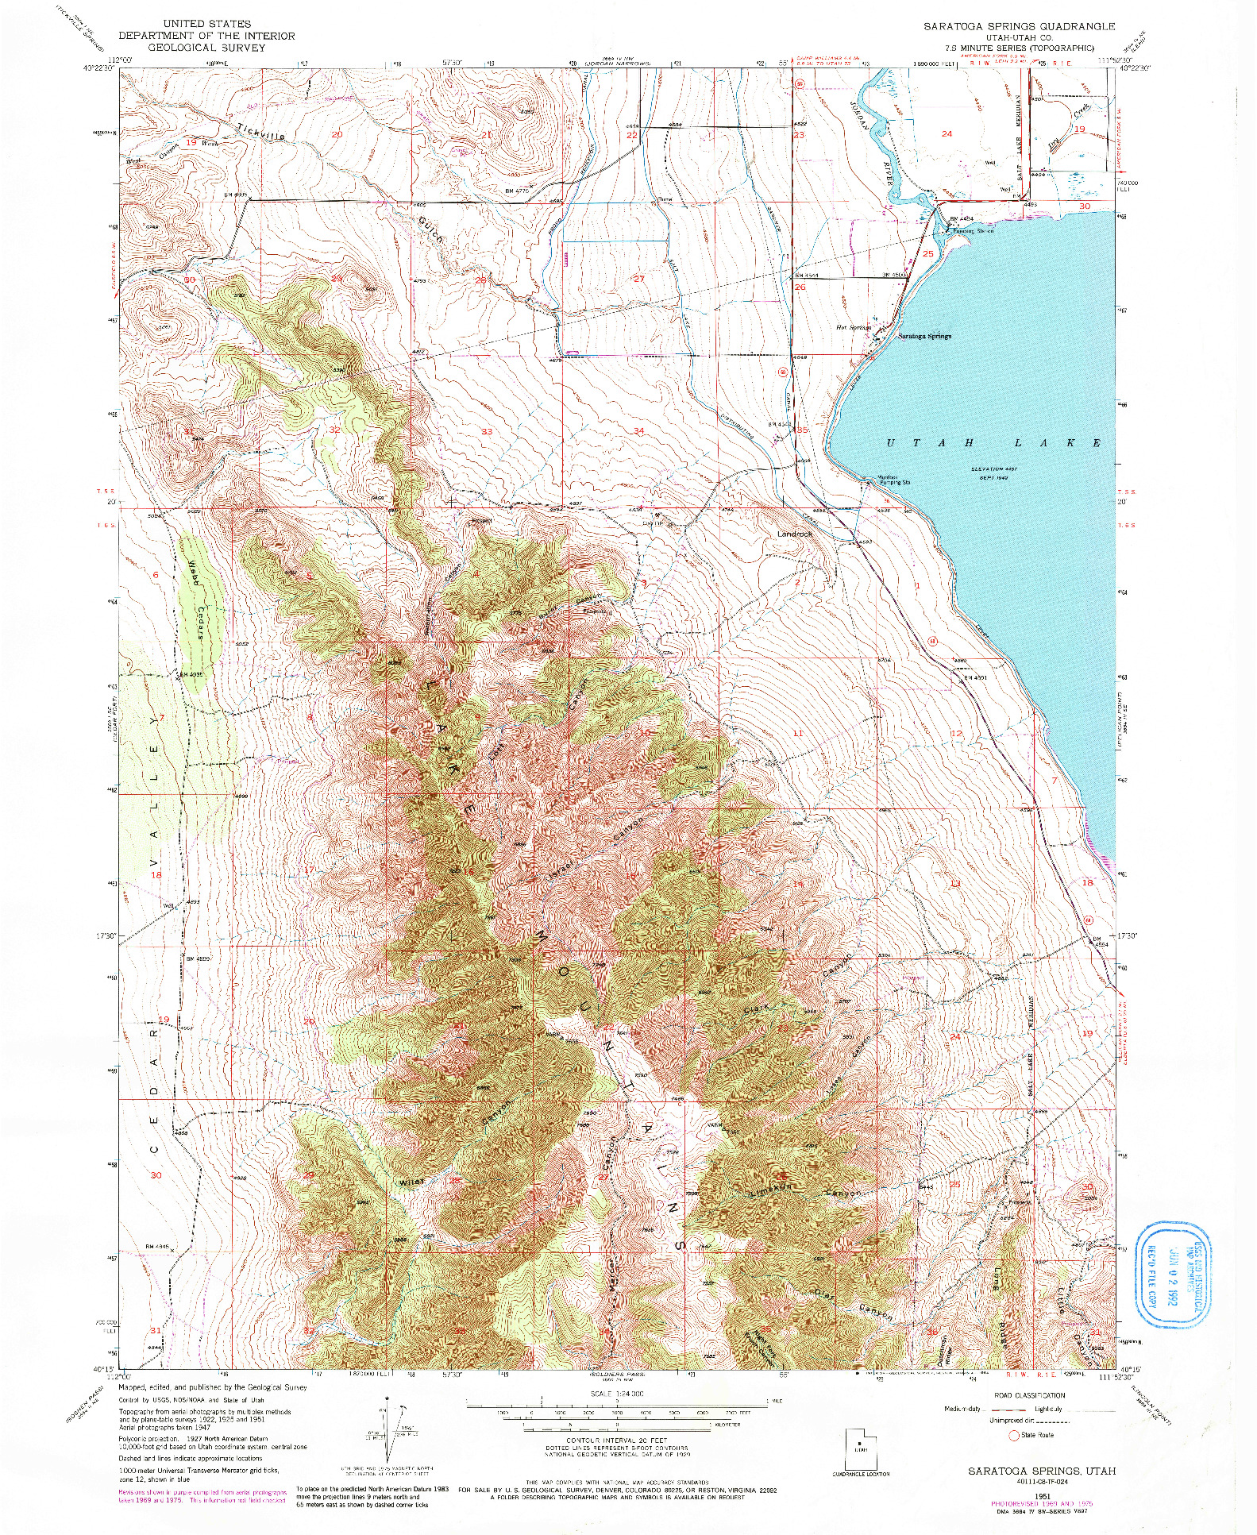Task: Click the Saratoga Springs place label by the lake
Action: [x=924, y=336]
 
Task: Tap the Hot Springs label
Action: [x=854, y=327]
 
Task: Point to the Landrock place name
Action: [x=795, y=534]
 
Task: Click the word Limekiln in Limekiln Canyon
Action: [x=767, y=1194]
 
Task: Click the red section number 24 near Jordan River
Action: [x=946, y=133]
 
